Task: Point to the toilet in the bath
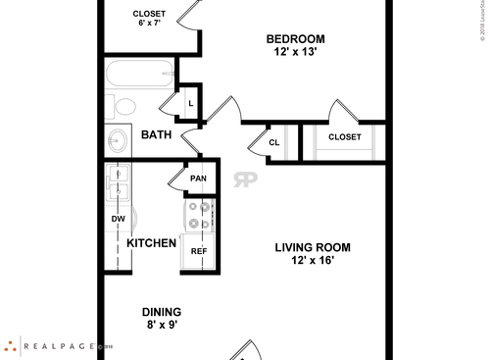coord(123,107)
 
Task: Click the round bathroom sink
coord(118,139)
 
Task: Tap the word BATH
coord(158,134)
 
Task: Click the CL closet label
coord(274,143)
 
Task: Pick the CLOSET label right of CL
coord(344,137)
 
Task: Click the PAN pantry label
coord(198,179)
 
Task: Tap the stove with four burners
coord(199,215)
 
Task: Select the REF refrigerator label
coord(199,251)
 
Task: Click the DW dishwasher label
coord(118,219)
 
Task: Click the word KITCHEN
coord(152,243)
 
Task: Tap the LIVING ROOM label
coord(312,248)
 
